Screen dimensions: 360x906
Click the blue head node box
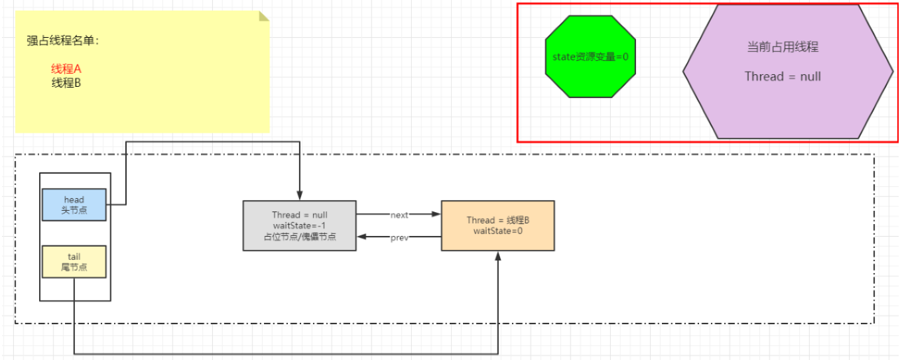point(74,204)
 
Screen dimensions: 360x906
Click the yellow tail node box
point(74,262)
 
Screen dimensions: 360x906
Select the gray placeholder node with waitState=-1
point(299,225)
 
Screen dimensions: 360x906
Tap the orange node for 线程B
point(497,225)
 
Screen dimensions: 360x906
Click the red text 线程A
point(66,69)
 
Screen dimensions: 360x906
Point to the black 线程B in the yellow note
point(66,83)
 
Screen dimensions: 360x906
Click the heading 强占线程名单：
point(63,40)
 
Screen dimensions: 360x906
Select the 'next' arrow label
point(399,215)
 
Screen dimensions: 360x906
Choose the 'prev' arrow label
point(399,238)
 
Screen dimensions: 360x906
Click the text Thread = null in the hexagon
point(783,76)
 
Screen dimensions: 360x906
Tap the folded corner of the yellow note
point(264,15)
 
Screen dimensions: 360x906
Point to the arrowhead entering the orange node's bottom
point(498,256)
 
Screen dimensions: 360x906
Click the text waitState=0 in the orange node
point(497,231)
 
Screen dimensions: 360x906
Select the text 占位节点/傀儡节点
point(300,237)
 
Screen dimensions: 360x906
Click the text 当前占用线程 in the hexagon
point(783,47)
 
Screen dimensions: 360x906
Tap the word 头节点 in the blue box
point(74,210)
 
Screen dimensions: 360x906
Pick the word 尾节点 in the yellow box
point(74,267)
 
